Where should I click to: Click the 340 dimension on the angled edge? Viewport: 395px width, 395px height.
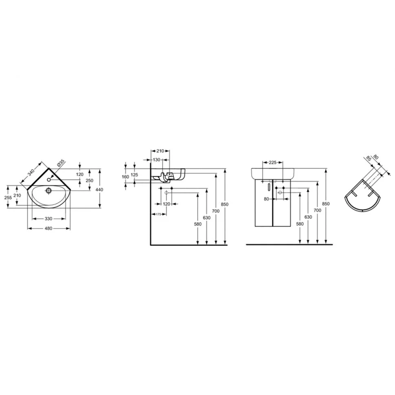tap(31, 172)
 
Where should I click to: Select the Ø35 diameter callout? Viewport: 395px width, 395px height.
tap(61, 163)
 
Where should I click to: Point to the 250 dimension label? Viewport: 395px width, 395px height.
tap(90, 180)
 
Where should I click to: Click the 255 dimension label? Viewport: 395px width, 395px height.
tap(8, 197)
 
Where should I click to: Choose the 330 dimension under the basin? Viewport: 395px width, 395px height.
tap(48, 219)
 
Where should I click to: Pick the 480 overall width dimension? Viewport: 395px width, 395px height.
tap(48, 228)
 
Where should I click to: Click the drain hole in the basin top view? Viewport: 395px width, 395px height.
tap(48, 190)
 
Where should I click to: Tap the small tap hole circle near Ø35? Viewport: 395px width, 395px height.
tap(48, 180)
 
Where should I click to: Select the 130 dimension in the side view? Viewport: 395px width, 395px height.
tap(157, 160)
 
